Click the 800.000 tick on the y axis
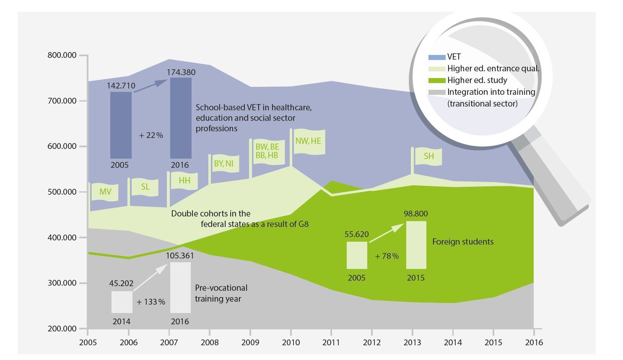click(62, 55)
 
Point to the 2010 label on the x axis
click(291, 342)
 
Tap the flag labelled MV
click(105, 192)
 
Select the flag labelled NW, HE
click(308, 141)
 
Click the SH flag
click(428, 157)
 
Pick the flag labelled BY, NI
click(224, 163)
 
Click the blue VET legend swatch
click(436, 57)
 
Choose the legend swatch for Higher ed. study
click(436, 81)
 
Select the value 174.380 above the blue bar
click(181, 72)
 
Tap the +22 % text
click(151, 136)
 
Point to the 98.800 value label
click(416, 214)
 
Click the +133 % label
click(151, 302)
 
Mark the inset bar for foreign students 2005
click(357, 255)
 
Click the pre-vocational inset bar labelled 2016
click(180, 288)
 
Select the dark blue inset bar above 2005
click(121, 125)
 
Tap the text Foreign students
click(463, 242)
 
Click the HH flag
click(184, 181)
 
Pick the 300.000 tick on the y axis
click(62, 283)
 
